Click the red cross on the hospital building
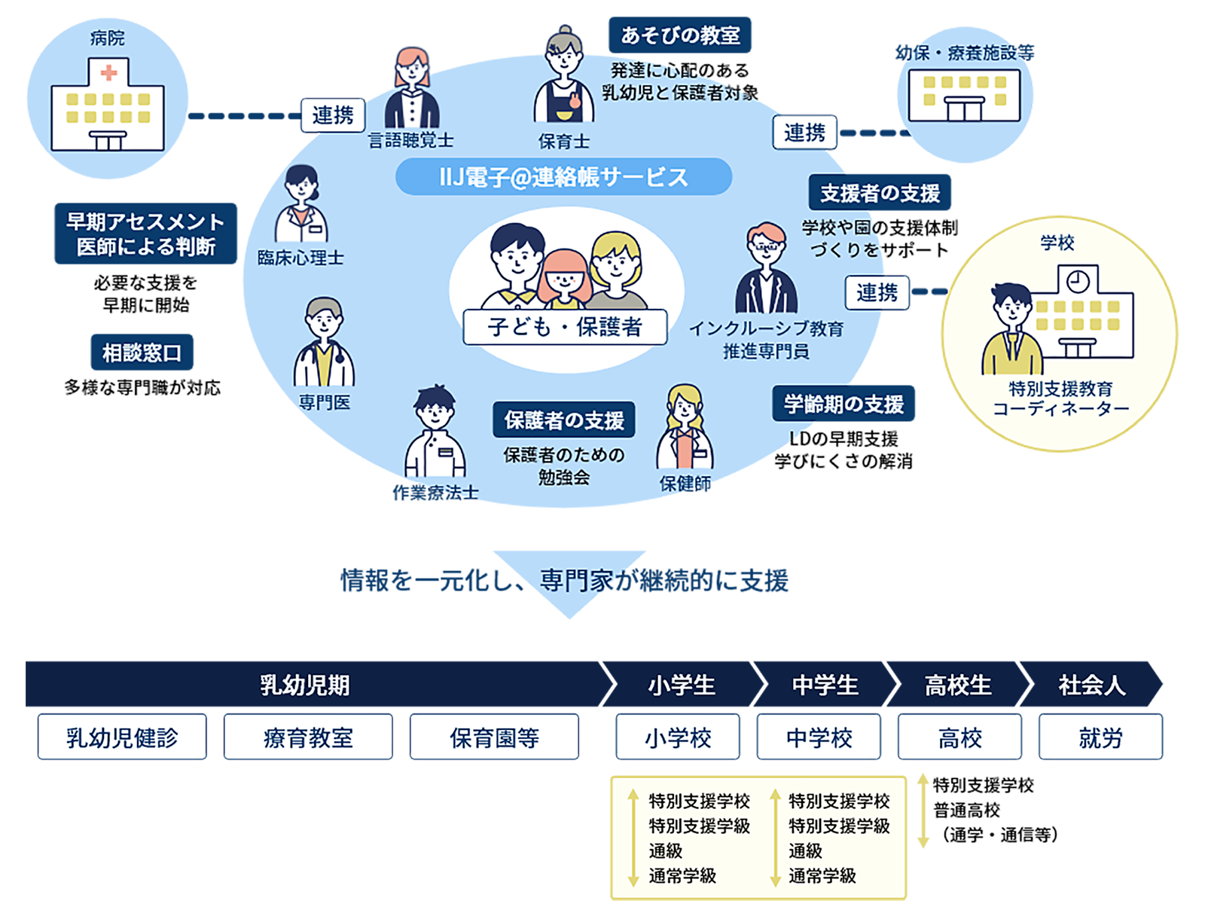[x=108, y=73]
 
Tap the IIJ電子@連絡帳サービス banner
[x=563, y=177]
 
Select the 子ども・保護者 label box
[x=565, y=327]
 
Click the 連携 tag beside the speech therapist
[x=332, y=115]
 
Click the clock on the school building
[x=1078, y=281]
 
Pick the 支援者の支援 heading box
[x=880, y=194]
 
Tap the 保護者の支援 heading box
[x=564, y=420]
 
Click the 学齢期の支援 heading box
[x=843, y=404]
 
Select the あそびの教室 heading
[x=680, y=35]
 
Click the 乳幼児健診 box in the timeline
[x=122, y=737]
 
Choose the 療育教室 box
[x=308, y=737]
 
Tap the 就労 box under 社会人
[x=1100, y=737]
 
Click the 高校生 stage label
[x=958, y=685]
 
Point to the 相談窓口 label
[x=142, y=353]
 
